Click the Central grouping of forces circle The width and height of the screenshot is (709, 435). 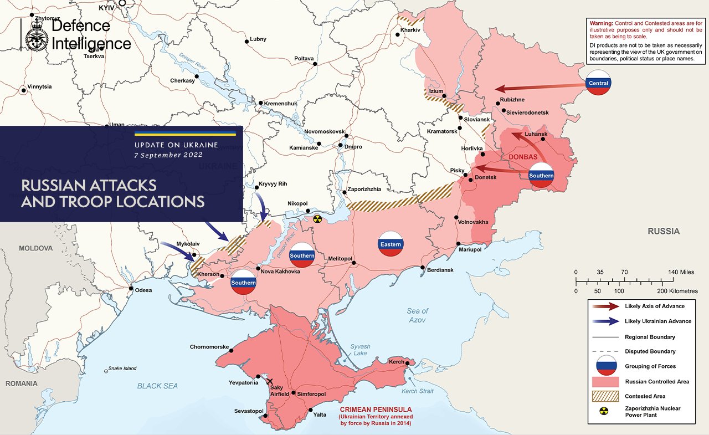pyautogui.click(x=599, y=83)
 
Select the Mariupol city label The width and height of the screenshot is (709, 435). pyautogui.click(x=470, y=249)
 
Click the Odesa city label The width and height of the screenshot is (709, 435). pyautogui.click(x=143, y=290)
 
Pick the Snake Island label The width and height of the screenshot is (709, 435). pyautogui.click(x=122, y=369)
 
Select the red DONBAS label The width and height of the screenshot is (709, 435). pyautogui.click(x=523, y=157)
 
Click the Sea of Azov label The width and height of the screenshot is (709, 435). pyautogui.click(x=418, y=315)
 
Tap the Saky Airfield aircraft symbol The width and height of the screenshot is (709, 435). pyautogui.click(x=270, y=382)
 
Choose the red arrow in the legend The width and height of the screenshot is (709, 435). pyautogui.click(x=605, y=306)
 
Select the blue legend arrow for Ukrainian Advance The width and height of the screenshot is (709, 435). pyautogui.click(x=605, y=321)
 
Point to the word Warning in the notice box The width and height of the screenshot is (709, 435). pyautogui.click(x=601, y=23)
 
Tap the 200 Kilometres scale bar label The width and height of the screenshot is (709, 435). pyautogui.click(x=675, y=291)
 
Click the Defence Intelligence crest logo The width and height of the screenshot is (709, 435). pyautogui.click(x=37, y=35)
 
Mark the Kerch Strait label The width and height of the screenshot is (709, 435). pyautogui.click(x=417, y=391)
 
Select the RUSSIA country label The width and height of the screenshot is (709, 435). pyautogui.click(x=664, y=231)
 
